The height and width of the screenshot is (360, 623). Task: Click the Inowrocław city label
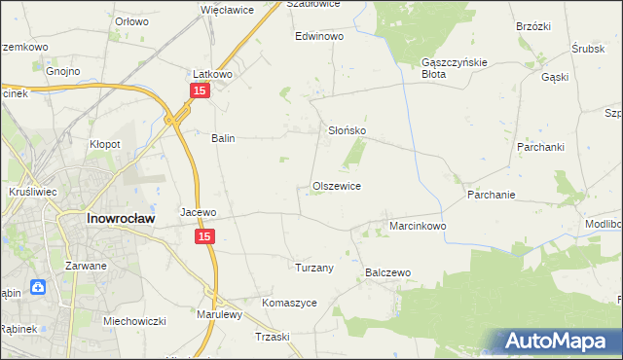[117, 219]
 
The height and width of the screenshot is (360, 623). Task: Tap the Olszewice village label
[337, 186]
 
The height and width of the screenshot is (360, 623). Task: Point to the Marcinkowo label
[418, 226]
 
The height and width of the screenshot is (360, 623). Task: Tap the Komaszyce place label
[289, 303]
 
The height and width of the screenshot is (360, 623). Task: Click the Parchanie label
[491, 194]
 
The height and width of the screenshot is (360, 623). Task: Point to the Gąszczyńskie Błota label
[448, 67]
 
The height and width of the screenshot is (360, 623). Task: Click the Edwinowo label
[320, 36]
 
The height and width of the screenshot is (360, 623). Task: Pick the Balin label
[224, 138]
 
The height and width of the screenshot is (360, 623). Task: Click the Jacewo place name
[198, 211]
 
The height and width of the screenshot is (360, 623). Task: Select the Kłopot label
[105, 144]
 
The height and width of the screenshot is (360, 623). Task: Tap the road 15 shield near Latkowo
[199, 90]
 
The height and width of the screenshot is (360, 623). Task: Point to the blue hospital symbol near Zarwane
[37, 287]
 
